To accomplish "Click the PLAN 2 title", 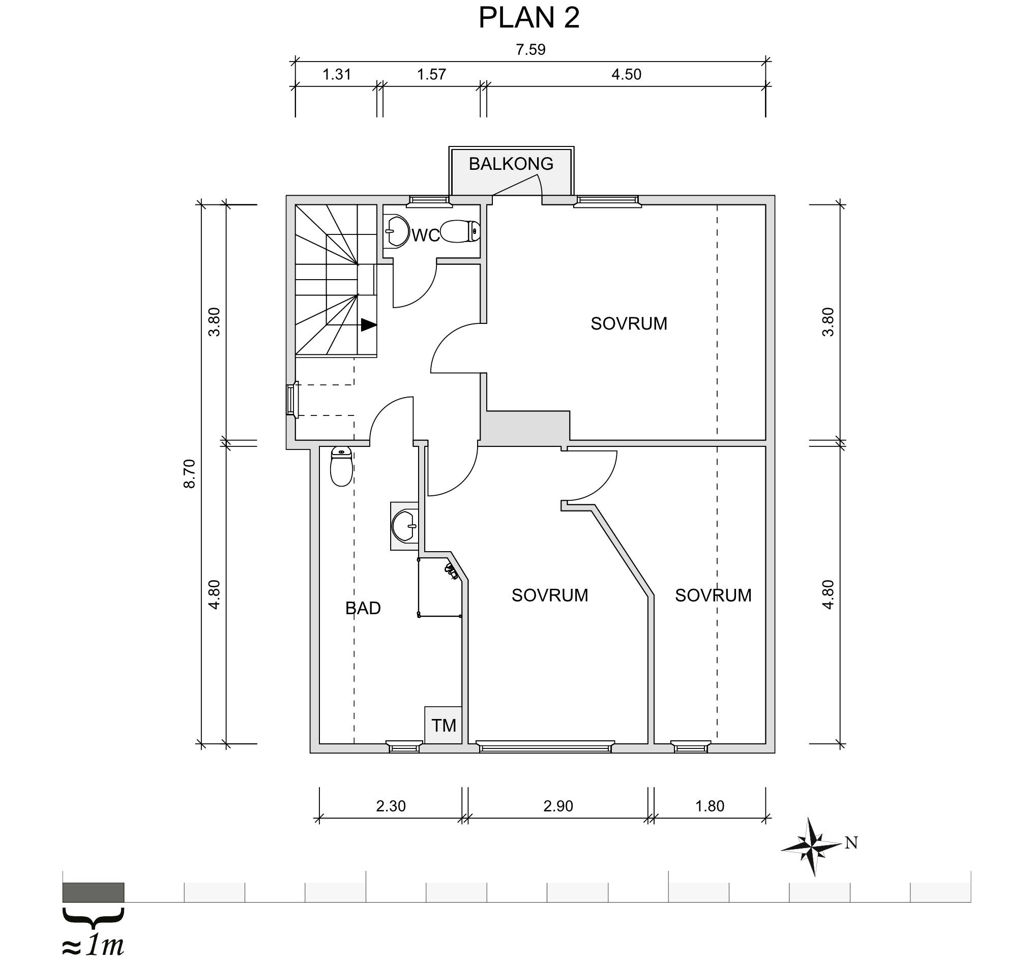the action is pyautogui.click(x=528, y=18).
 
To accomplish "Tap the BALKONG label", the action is pyautogui.click(x=511, y=164).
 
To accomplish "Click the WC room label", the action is pyautogui.click(x=426, y=235).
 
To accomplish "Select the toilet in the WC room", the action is pyautogui.click(x=460, y=231).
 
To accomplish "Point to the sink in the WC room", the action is pyautogui.click(x=398, y=231).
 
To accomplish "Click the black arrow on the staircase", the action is pyautogui.click(x=368, y=325).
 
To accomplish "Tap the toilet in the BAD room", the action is pyautogui.click(x=341, y=466).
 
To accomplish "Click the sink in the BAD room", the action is pyautogui.click(x=405, y=526).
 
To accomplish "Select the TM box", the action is pyautogui.click(x=443, y=725).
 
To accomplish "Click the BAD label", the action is pyautogui.click(x=363, y=608).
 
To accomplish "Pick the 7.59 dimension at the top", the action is pyautogui.click(x=530, y=50).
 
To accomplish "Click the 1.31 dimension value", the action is pyautogui.click(x=337, y=75).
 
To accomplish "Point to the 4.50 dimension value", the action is pyautogui.click(x=626, y=75).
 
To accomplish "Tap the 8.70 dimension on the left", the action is pyautogui.click(x=190, y=474).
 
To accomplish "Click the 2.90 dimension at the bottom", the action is pyautogui.click(x=558, y=806).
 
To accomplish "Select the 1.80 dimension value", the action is pyautogui.click(x=710, y=806).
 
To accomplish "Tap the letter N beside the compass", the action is pyautogui.click(x=851, y=843).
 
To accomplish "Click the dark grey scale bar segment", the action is pyautogui.click(x=93, y=892).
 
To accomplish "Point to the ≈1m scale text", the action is pyautogui.click(x=93, y=946).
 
